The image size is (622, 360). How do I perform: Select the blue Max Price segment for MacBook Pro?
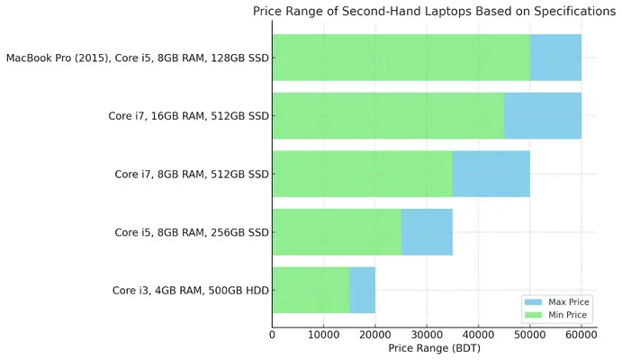coord(555,58)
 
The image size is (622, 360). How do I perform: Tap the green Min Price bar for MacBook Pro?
coord(401,58)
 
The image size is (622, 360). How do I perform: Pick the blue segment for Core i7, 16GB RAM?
coord(542,115)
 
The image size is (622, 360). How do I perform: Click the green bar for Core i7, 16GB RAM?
coord(387,115)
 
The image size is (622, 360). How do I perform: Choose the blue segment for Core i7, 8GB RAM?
coord(491,174)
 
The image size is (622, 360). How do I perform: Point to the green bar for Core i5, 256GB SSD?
coord(336,232)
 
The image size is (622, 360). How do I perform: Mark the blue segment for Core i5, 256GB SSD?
coord(427,232)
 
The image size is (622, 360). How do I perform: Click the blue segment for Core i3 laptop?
coord(362,290)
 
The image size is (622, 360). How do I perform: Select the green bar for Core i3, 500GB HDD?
coord(311,290)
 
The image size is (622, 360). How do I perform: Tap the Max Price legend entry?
coord(557,301)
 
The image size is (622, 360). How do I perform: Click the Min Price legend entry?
coord(557,315)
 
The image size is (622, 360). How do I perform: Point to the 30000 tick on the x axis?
coord(427,335)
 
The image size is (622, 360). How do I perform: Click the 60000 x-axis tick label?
coord(581,335)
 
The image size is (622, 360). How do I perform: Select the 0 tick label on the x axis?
coord(272,335)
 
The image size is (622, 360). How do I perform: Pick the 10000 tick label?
coord(323,335)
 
